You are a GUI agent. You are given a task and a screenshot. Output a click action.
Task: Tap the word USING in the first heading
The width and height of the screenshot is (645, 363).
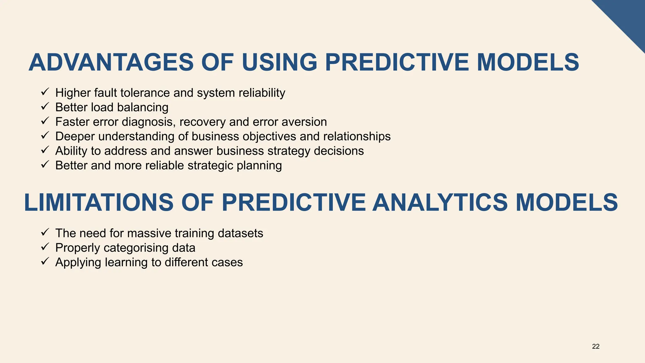pyautogui.click(x=280, y=62)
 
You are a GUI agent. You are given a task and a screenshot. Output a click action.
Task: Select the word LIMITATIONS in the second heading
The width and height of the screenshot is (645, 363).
pyautogui.click(x=99, y=202)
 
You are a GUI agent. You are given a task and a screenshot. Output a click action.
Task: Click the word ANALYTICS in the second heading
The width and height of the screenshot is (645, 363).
pyautogui.click(x=440, y=202)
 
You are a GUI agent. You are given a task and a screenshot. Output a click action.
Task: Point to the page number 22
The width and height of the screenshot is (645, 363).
pyautogui.click(x=596, y=347)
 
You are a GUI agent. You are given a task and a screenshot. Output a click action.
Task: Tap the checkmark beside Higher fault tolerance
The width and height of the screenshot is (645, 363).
pyautogui.click(x=45, y=92)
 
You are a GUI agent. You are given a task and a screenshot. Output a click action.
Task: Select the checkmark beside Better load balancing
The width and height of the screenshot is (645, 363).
pyautogui.click(x=45, y=107)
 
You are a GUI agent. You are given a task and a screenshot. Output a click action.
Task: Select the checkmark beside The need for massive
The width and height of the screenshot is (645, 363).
pyautogui.click(x=45, y=233)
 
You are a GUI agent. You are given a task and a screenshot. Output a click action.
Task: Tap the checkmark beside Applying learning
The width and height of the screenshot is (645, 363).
pyautogui.click(x=45, y=262)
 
